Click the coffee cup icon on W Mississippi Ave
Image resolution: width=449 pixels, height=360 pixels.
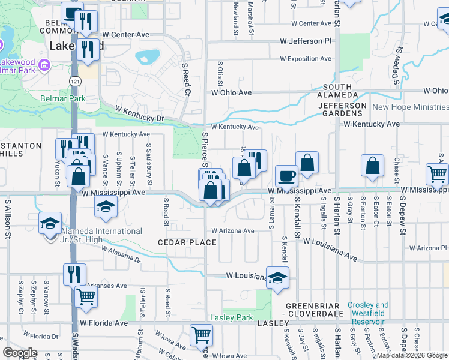click(286, 176)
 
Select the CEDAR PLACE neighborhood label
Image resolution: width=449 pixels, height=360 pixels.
click(187, 242)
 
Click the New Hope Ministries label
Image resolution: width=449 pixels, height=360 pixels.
click(410, 107)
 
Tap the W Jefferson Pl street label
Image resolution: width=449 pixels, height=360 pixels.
click(306, 41)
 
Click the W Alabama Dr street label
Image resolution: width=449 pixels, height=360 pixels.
click(121, 254)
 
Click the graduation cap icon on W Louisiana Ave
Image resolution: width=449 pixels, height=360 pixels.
click(277, 277)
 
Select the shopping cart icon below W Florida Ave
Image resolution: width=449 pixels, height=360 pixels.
click(201, 334)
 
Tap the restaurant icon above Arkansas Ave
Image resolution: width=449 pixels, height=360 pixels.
click(74, 274)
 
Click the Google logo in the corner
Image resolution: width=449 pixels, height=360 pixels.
click(20, 353)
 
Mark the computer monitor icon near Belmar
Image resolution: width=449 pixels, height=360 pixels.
click(72, 13)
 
